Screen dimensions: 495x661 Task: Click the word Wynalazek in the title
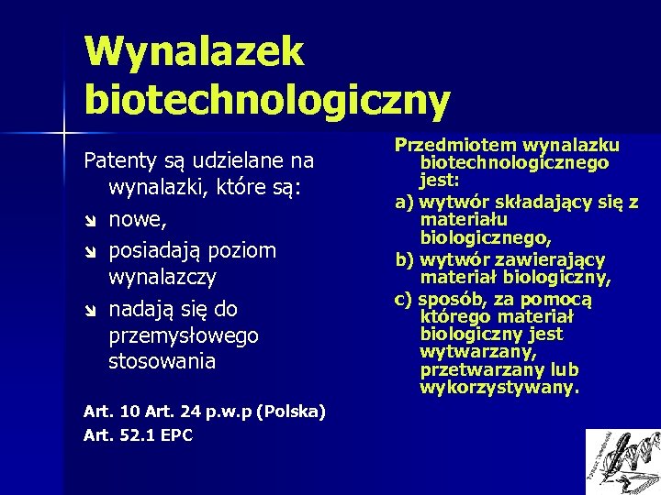pos(193,51)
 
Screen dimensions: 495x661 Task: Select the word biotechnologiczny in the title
pos(267,99)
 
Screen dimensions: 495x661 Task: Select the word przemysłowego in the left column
pos(183,336)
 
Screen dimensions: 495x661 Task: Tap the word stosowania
pos(162,361)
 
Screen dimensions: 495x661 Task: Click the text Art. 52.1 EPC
pos(138,435)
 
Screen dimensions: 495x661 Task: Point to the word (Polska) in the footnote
pos(292,411)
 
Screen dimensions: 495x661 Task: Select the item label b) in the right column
pos(404,259)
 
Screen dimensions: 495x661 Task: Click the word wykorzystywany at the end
pos(499,387)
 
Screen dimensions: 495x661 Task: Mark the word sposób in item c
pos(452,299)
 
